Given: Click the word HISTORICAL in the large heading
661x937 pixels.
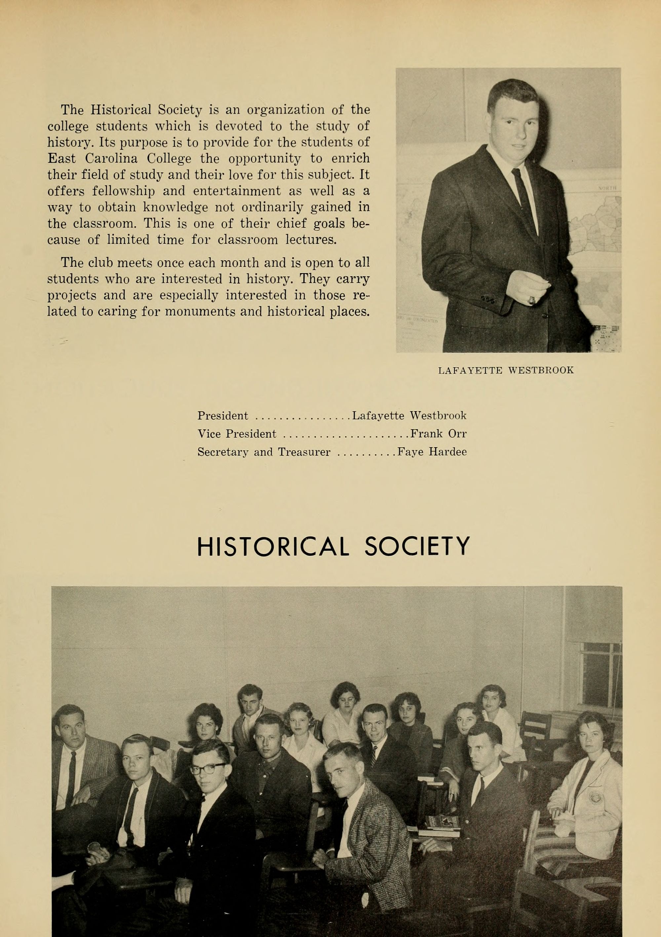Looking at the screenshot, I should (273, 547).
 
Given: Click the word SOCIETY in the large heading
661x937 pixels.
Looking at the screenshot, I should (417, 547).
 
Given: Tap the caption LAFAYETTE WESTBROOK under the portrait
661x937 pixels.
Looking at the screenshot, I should (506, 371).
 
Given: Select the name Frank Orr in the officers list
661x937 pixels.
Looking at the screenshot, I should (438, 434).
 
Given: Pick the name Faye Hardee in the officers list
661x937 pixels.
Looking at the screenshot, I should (432, 452).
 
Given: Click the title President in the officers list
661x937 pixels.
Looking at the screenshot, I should (223, 416).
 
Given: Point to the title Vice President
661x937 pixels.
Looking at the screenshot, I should (237, 434).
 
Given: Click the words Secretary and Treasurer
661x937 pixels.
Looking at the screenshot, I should (264, 452).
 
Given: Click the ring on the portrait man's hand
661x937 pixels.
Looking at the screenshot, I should (531, 301).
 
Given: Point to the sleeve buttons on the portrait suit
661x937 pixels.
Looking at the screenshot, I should (487, 300).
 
